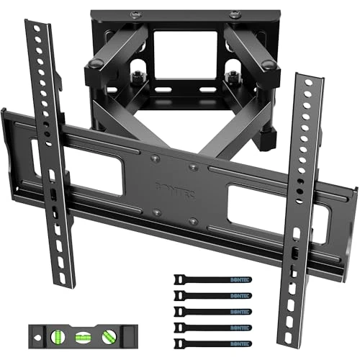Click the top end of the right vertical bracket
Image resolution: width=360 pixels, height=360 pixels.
[x=304, y=73]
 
